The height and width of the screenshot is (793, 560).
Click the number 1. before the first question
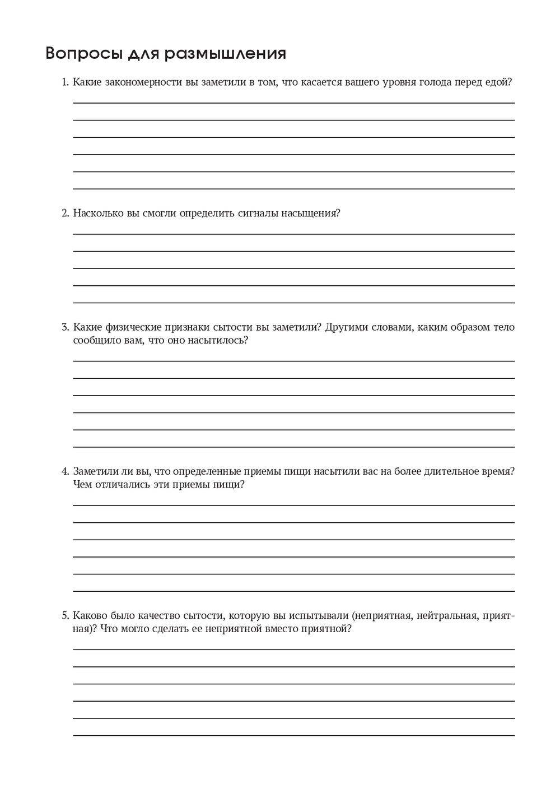coord(65,82)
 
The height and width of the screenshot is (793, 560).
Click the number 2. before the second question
coord(65,213)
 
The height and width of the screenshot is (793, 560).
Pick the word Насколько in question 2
coord(99,213)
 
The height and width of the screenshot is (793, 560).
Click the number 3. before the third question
coord(65,327)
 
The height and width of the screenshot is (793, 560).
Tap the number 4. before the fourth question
coord(65,471)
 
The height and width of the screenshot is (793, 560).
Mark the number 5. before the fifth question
coord(65,615)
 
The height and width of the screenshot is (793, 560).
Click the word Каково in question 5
coord(90,615)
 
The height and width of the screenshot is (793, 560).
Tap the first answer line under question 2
coord(294,234)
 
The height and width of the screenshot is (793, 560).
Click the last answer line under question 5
coord(294,735)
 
